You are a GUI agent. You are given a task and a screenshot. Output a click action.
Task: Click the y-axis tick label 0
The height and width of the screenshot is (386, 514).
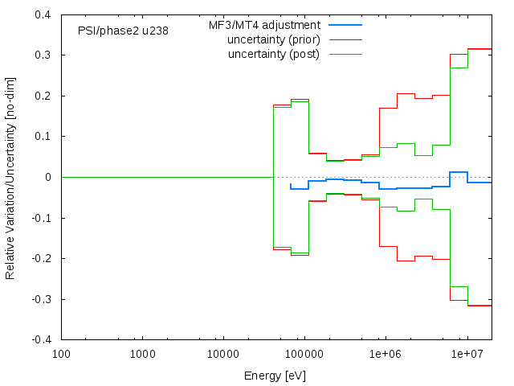pyautogui.click(x=49, y=177)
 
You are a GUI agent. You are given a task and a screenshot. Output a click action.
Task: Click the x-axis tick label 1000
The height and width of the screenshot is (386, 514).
pyautogui.click(x=142, y=354)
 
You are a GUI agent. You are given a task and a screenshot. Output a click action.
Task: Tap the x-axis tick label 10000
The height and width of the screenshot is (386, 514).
pyautogui.click(x=223, y=354)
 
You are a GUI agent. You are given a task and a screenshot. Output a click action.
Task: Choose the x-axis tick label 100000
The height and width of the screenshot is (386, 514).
pyautogui.click(x=304, y=354)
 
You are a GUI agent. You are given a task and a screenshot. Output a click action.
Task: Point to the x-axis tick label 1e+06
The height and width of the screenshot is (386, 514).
pyautogui.click(x=385, y=354)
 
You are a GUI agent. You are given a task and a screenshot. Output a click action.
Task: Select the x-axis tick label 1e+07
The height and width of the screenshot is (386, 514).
pyautogui.click(x=467, y=354)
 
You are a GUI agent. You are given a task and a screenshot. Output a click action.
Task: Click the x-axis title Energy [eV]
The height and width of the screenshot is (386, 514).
pyautogui.click(x=275, y=376)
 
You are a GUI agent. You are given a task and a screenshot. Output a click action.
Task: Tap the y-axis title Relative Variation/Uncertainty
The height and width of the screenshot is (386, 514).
pyautogui.click(x=10, y=177)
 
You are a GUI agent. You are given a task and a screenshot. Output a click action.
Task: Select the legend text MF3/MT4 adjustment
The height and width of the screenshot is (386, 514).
pyautogui.click(x=264, y=25)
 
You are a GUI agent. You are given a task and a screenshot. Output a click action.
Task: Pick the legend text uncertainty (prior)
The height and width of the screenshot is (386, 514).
pyautogui.click(x=273, y=39)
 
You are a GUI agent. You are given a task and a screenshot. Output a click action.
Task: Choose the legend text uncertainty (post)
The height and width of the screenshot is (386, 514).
pyautogui.click(x=273, y=54)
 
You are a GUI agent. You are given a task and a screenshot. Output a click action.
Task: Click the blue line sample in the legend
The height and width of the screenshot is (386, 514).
pyautogui.click(x=345, y=25)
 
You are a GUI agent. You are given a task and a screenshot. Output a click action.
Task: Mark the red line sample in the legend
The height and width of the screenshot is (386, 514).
pyautogui.click(x=345, y=39)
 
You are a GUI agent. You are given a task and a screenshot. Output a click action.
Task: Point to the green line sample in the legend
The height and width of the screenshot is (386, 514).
pyautogui.click(x=345, y=54)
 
